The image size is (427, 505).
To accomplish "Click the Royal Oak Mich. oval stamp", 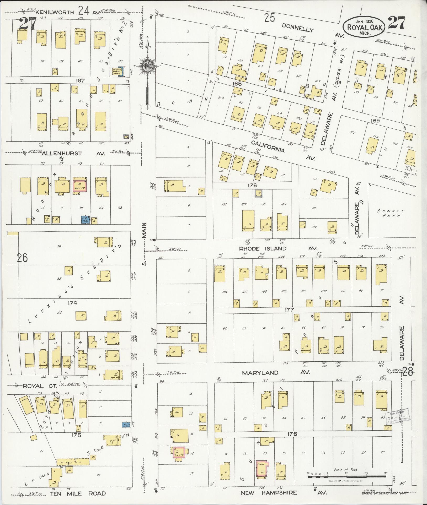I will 364,26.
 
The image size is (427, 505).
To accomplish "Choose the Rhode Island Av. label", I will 279,248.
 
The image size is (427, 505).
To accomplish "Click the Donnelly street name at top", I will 298,27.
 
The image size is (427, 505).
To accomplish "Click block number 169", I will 375,121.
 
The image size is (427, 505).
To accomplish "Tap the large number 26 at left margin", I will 22,258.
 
